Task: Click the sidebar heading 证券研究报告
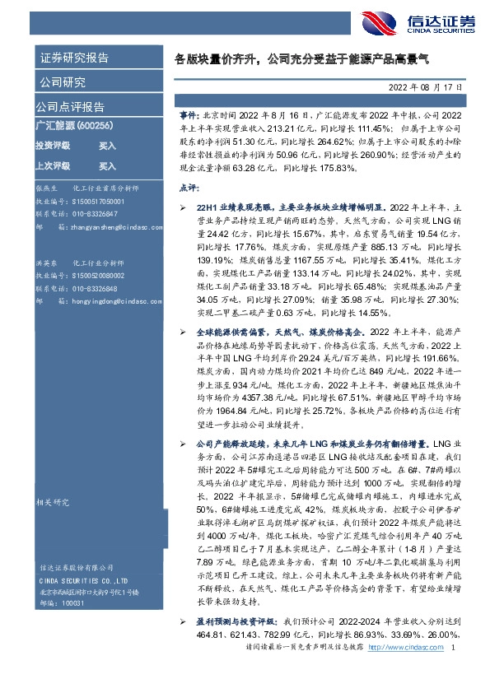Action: [x=73, y=58]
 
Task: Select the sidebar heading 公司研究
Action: [x=62, y=81]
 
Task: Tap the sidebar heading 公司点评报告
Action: [x=70, y=107]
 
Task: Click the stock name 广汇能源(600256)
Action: [x=70, y=125]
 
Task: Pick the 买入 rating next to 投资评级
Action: [x=107, y=145]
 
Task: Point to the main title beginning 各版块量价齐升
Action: [x=308, y=60]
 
